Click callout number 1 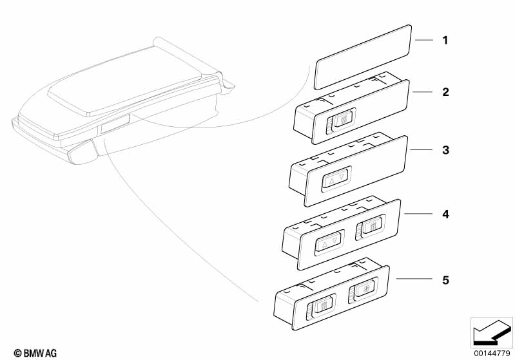tap(445, 41)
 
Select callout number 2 tap(445, 92)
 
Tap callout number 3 tap(445, 150)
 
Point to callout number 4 tap(445, 214)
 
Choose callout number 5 tap(445, 280)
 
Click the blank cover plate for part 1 tap(363, 57)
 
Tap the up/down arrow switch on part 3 tap(336, 179)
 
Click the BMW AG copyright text tap(35, 353)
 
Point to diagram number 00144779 tap(492, 353)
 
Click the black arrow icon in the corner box tap(492, 332)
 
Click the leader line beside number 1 tap(424, 40)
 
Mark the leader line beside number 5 tap(414, 279)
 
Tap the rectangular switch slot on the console tap(115, 124)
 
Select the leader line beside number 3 tap(421, 149)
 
